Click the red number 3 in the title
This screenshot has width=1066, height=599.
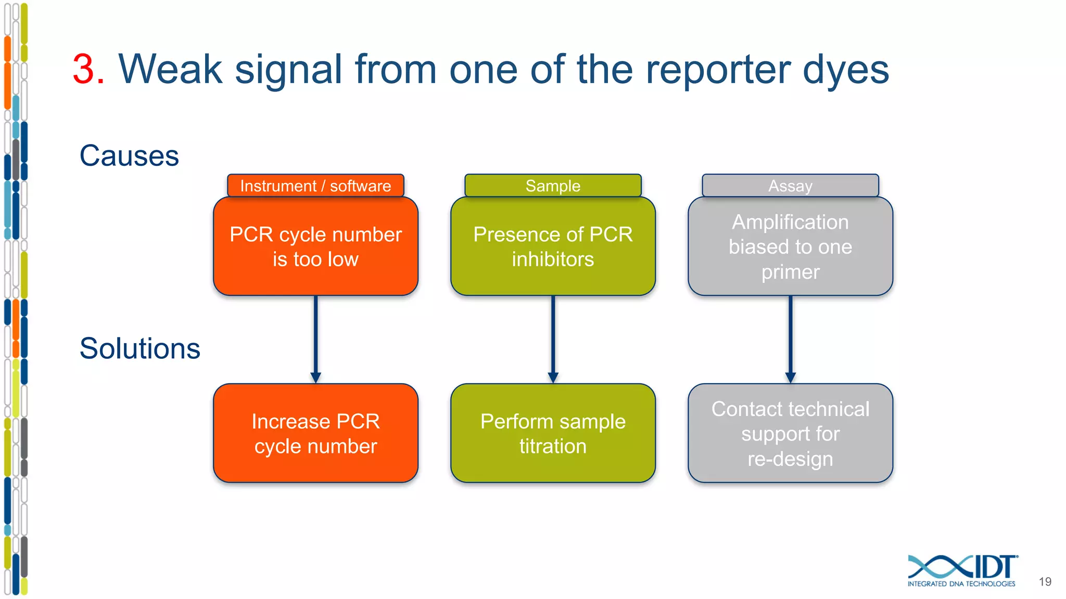point(84,70)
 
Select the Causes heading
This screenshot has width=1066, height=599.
point(129,156)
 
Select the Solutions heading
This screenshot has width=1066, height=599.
point(139,348)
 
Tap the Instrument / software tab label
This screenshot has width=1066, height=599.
point(315,186)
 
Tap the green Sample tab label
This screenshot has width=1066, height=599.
point(553,186)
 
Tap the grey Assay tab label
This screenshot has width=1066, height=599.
point(790,186)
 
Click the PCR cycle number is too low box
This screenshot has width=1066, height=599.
point(315,246)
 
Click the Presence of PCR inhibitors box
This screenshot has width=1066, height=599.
point(553,246)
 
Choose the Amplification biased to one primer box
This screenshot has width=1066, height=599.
point(790,246)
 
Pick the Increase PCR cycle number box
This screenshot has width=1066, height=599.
point(315,433)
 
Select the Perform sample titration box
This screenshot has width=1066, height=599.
point(553,433)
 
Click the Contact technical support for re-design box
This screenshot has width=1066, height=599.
point(790,433)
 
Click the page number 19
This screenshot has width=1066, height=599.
point(1045,582)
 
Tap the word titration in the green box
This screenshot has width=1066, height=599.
point(553,447)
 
